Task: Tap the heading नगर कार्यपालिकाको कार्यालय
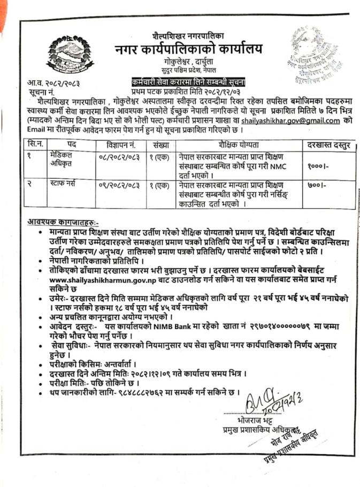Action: tap(189, 49)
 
